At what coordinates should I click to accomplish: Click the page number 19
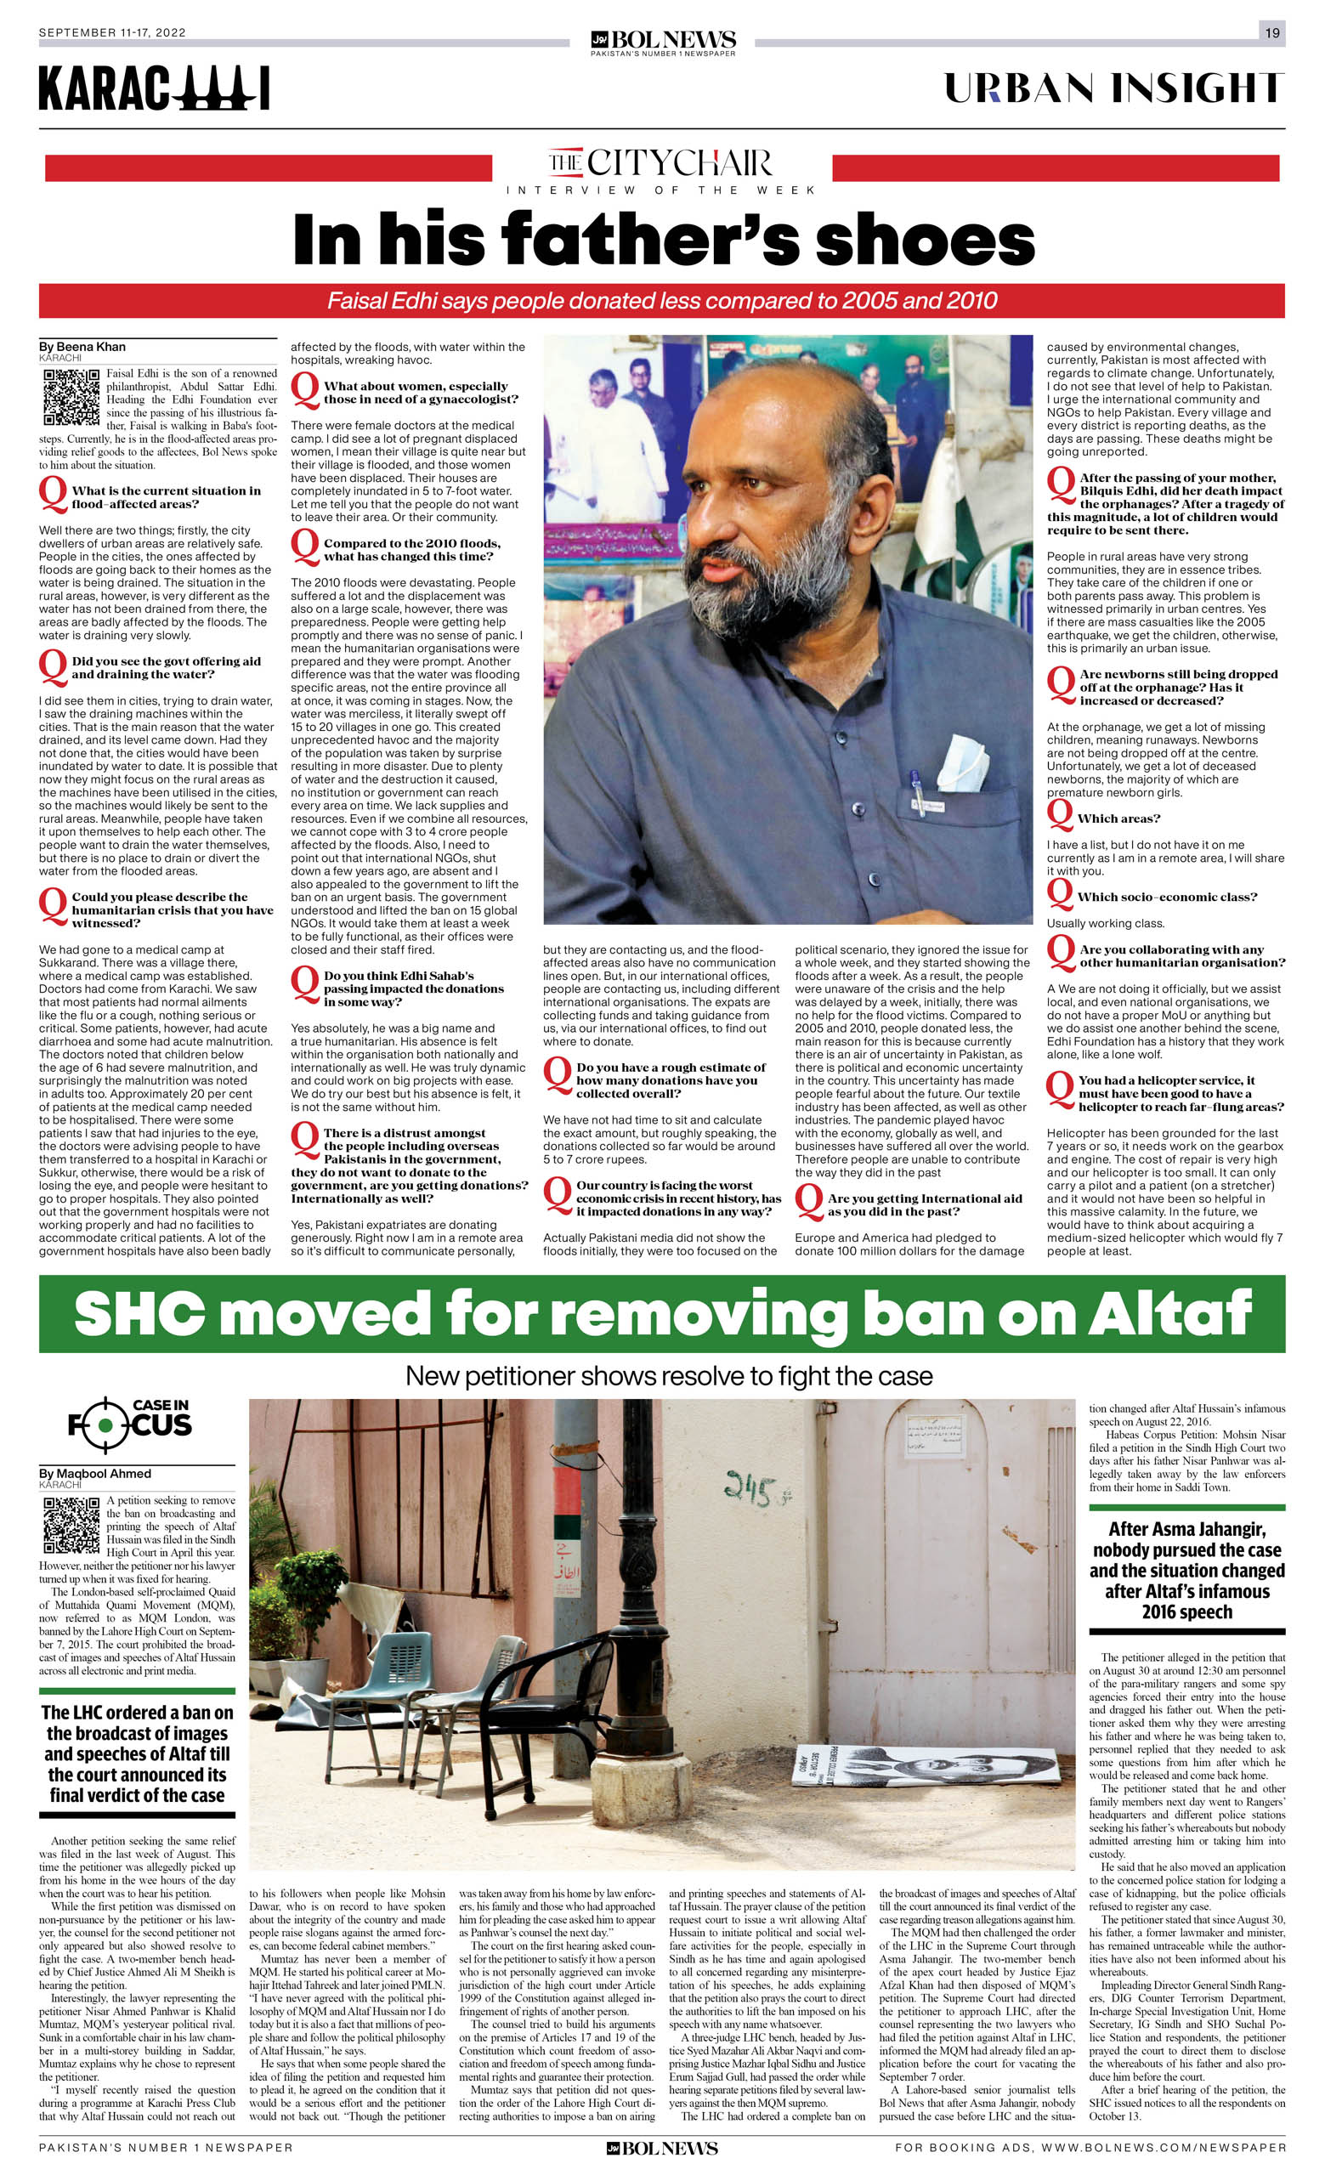(x=1272, y=32)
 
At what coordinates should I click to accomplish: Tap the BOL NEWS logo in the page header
(x=663, y=42)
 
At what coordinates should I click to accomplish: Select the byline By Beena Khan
(x=82, y=347)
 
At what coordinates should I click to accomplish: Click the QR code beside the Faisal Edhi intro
(x=71, y=397)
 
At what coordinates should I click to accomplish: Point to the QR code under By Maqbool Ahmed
(x=71, y=1526)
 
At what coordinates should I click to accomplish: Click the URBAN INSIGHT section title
(x=1114, y=88)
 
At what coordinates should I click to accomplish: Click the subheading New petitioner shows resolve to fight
(x=668, y=1376)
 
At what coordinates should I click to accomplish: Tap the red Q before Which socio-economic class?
(x=1059, y=895)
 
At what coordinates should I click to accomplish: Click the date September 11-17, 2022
(x=112, y=32)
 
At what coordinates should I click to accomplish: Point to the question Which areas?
(x=1118, y=818)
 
